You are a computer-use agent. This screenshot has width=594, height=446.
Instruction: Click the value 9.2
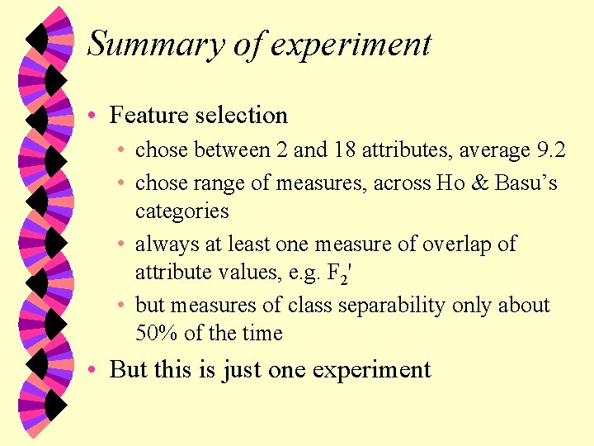tap(550, 149)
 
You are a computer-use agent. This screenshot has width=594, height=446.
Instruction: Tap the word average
tap(490, 149)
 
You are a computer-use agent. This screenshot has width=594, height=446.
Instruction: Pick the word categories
tap(181, 211)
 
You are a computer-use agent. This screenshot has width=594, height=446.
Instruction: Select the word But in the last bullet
tap(128, 368)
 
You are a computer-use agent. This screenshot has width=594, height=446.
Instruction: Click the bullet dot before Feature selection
tap(95, 116)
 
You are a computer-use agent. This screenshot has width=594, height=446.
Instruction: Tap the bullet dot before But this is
tap(95, 369)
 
